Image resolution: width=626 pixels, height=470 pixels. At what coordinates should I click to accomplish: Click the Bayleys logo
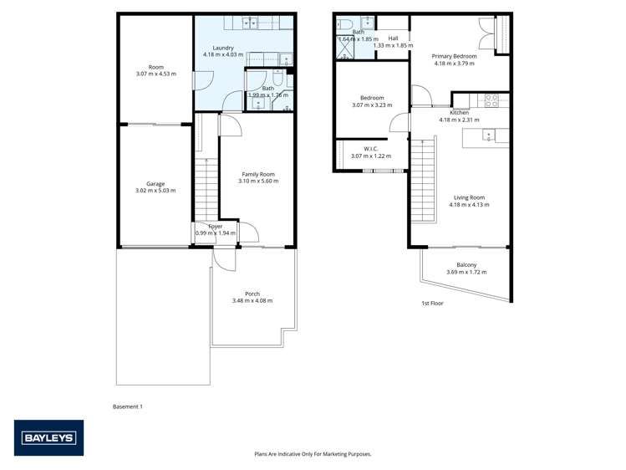48,437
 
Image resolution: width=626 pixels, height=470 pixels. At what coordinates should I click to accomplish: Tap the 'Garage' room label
155,184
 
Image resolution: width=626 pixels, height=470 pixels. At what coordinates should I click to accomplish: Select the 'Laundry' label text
223,48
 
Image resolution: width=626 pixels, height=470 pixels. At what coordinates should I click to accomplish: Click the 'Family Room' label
257,174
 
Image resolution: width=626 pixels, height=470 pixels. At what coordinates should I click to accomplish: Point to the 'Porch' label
252,294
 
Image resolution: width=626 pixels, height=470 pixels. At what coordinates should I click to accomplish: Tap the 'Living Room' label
466,198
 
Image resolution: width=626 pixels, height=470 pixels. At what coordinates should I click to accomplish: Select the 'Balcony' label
466,265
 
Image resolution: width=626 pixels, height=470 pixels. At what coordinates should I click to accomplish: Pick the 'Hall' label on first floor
393,38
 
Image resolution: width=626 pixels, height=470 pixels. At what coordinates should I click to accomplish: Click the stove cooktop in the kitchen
492,100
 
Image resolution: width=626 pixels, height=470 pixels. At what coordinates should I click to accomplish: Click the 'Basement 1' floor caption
128,406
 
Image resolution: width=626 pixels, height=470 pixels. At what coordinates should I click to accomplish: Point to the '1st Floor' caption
432,304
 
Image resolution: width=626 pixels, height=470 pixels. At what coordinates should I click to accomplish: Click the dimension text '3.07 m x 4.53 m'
156,74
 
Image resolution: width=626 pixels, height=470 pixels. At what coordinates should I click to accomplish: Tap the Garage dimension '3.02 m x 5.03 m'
155,191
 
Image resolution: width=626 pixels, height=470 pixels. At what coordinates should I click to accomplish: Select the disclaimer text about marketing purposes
313,454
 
